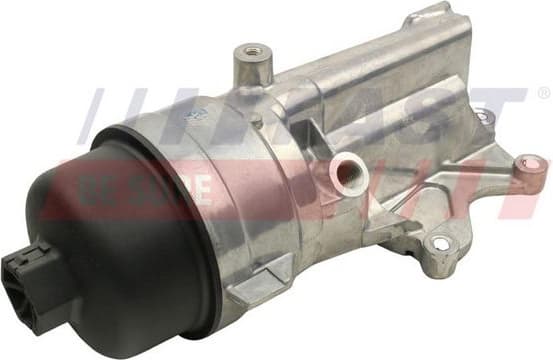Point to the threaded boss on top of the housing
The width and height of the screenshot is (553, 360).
pos(251,61)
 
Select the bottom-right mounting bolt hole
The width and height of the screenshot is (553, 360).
pos(437,243)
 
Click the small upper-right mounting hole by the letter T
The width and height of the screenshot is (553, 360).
pos(486,118)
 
